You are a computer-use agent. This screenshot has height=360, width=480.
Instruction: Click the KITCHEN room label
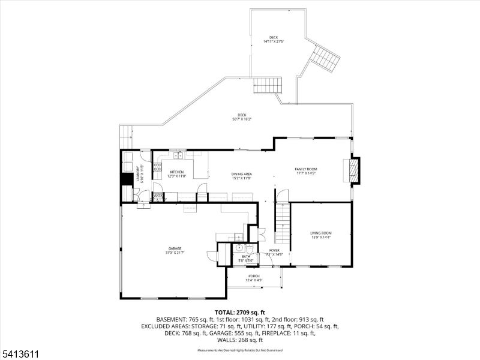click(x=177, y=172)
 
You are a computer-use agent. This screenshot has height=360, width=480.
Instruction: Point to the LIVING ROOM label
click(x=321, y=233)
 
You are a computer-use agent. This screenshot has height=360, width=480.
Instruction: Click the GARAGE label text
click(x=175, y=248)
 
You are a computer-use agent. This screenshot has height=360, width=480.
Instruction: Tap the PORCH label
click(x=254, y=276)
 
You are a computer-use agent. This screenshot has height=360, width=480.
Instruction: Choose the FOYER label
click(x=274, y=250)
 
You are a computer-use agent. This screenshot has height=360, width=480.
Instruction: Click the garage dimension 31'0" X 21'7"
click(x=175, y=253)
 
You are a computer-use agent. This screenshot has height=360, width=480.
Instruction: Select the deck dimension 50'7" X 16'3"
click(x=241, y=119)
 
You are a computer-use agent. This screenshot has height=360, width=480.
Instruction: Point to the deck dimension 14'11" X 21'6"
click(x=273, y=41)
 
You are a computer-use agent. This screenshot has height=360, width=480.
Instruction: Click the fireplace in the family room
click(x=355, y=169)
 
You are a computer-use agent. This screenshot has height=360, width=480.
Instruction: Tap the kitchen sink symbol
click(x=178, y=156)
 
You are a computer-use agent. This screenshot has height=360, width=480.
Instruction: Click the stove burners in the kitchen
click(x=157, y=168)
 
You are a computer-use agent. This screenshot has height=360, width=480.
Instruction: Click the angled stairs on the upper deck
click(x=325, y=58)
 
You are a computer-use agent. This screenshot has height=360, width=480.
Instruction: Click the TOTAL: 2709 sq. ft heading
click(x=240, y=313)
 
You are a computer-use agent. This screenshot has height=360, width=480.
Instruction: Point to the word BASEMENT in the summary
click(x=170, y=319)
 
